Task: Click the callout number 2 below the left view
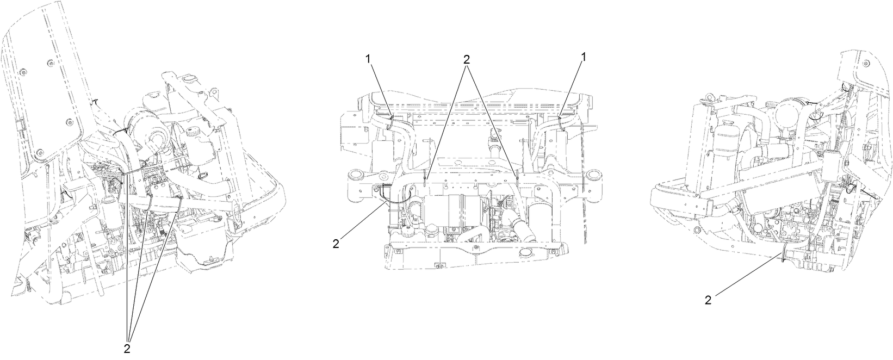[x=127, y=349]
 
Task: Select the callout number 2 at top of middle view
[x=466, y=59]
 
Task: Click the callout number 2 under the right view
[x=708, y=300]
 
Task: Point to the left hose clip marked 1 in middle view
[x=392, y=121]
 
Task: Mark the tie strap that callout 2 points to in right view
[x=783, y=256]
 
